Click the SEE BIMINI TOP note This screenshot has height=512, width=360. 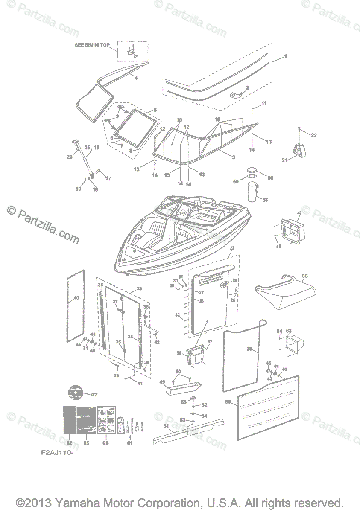coord(92,44)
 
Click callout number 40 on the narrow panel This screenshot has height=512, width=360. coord(76,298)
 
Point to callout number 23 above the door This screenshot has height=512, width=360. coord(232,248)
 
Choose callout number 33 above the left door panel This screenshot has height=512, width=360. coord(138,289)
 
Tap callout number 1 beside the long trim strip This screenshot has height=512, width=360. coord(285,56)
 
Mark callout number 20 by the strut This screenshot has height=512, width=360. coord(70,157)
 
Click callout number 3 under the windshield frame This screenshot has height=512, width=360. coord(234,157)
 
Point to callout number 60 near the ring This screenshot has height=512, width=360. coord(270,177)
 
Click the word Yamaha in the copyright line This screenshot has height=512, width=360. coord(67,502)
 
